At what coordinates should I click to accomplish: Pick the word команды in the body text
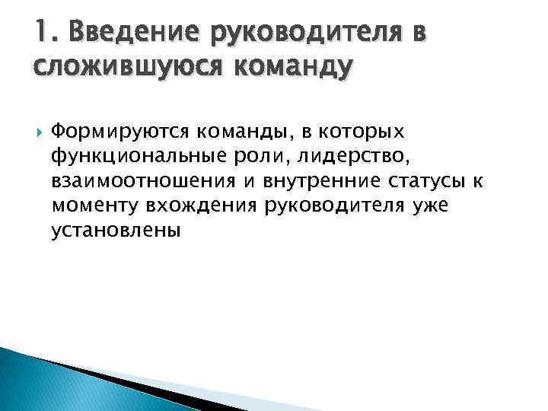click(x=240, y=132)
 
